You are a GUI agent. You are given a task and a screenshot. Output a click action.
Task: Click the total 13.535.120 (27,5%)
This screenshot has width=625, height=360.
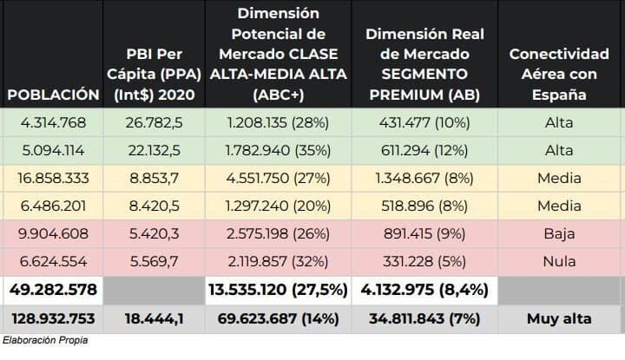point(278,290)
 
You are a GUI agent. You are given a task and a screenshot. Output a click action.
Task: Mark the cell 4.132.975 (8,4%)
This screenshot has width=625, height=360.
point(419,290)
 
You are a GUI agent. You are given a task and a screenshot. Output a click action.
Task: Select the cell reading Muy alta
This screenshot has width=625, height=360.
point(558,318)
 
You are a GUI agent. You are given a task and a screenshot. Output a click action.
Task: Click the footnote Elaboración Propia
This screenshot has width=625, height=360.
point(45,341)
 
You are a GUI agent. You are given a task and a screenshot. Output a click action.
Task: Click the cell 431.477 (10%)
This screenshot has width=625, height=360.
point(419,122)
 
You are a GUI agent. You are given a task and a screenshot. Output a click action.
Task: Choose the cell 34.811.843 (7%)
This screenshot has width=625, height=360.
point(419,318)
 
